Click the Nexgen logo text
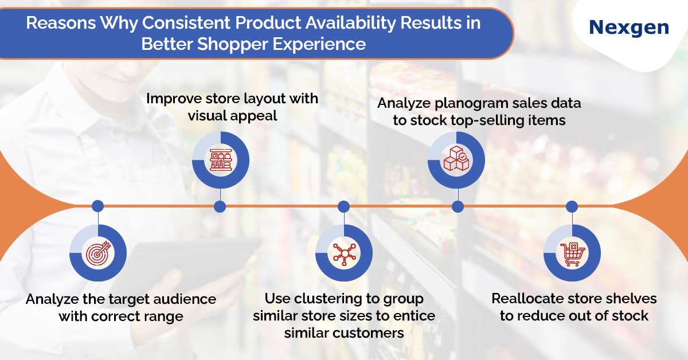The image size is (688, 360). (x=629, y=28)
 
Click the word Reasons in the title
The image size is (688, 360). (x=61, y=23)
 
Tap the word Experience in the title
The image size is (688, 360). (x=319, y=44)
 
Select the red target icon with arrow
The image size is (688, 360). (x=98, y=253)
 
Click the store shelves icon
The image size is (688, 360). (x=221, y=160)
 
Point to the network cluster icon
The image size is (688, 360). (x=344, y=253)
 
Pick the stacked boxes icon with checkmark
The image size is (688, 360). (x=456, y=159)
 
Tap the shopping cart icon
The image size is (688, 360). (x=572, y=254)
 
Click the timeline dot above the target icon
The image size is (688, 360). (x=97, y=206)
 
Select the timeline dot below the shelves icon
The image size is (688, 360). (x=220, y=206)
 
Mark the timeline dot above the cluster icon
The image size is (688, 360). (x=343, y=206)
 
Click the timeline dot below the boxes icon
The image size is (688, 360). (x=458, y=206)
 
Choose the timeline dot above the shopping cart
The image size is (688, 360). (x=572, y=206)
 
